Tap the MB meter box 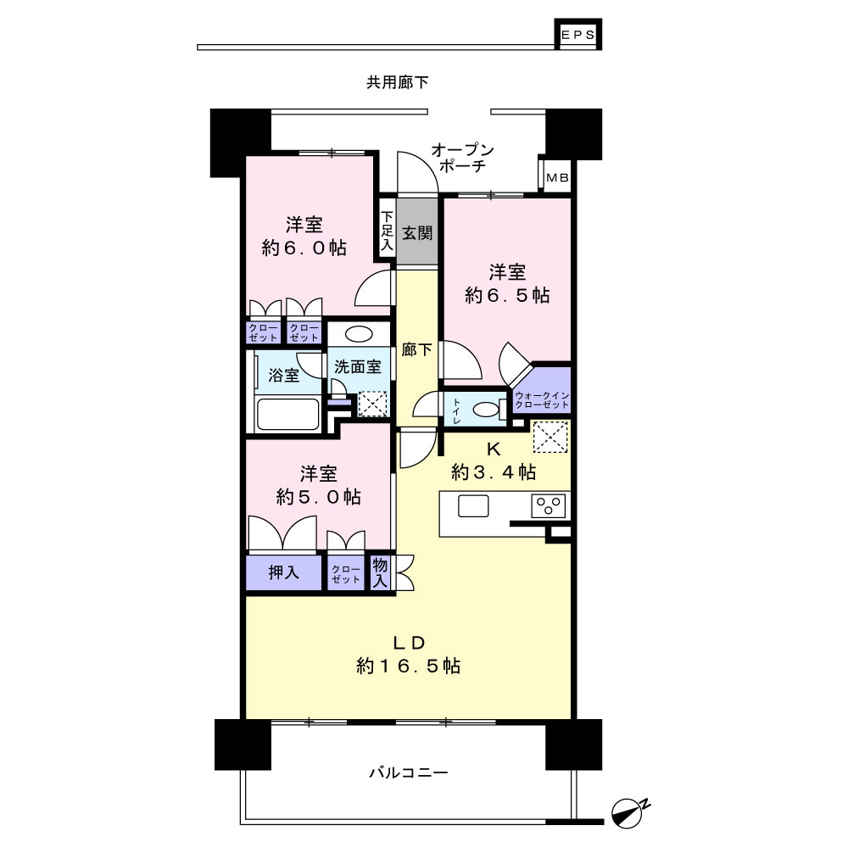[557, 178]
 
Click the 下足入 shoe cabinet [387, 232]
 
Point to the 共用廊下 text [397, 83]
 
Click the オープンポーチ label [462, 159]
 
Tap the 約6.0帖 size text [304, 248]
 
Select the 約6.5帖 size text [507, 295]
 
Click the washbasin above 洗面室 [358, 334]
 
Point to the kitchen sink [472, 506]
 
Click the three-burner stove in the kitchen [550, 506]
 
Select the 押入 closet [284, 572]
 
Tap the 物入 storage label [380, 573]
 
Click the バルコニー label [408, 773]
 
